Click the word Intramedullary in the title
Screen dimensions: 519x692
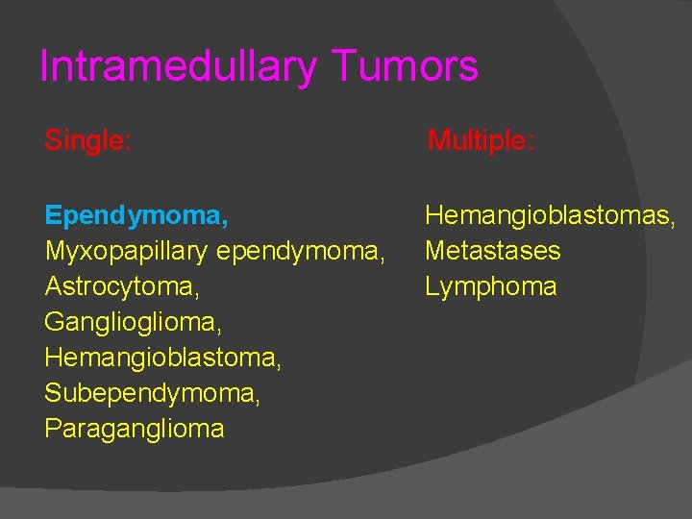tap(179, 66)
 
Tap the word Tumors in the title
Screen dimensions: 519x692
tap(406, 66)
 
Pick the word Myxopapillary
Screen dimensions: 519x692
tap(127, 252)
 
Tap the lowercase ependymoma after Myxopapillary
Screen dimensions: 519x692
tap(300, 252)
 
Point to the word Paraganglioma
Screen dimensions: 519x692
tap(135, 429)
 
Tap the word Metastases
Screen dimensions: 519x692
tap(493, 252)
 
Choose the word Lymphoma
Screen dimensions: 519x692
tap(491, 286)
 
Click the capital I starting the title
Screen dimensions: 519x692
tap(44, 66)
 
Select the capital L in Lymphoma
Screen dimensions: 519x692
tap(432, 285)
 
